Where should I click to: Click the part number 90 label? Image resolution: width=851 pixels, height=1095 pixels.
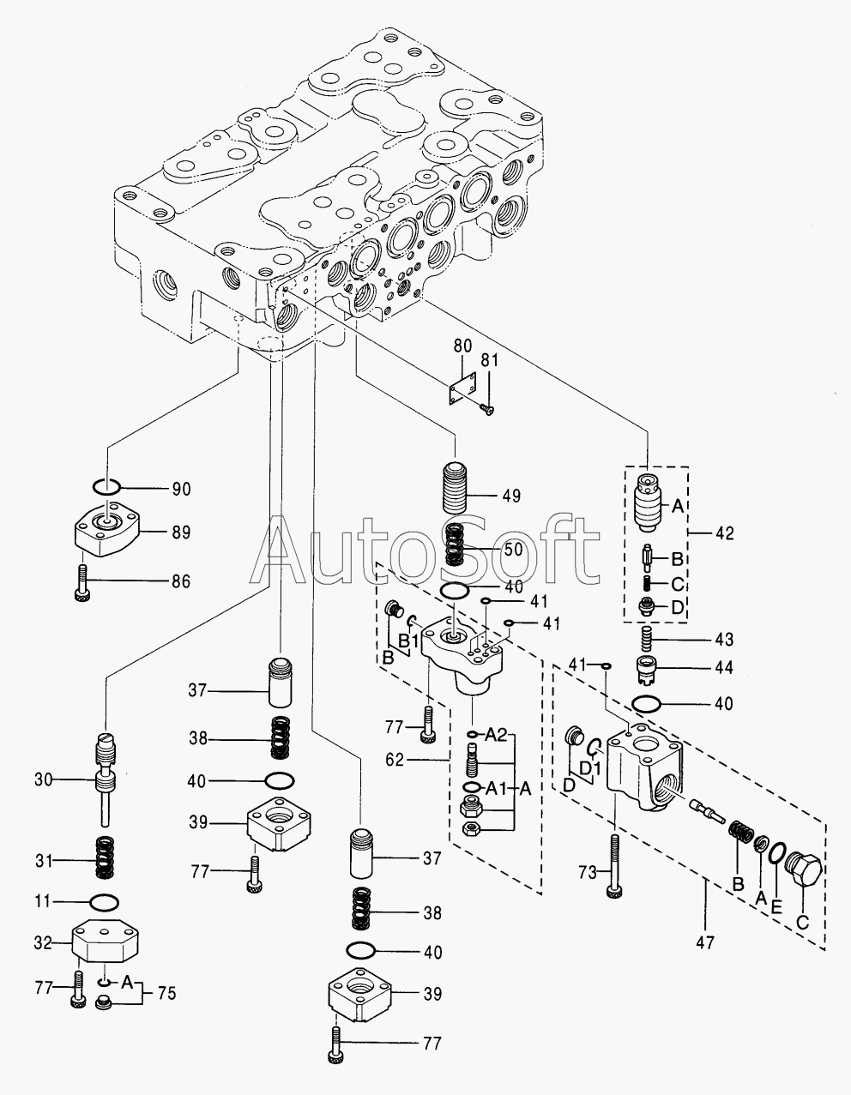(x=181, y=490)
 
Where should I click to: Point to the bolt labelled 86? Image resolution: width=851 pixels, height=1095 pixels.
(x=82, y=581)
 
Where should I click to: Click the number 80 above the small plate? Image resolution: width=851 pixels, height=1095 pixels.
(x=462, y=347)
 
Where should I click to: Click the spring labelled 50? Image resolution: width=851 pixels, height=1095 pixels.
(x=455, y=544)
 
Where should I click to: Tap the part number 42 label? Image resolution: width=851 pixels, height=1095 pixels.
(x=724, y=533)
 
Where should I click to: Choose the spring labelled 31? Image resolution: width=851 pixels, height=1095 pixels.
(x=105, y=860)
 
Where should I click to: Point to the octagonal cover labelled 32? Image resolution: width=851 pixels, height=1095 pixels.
(x=104, y=942)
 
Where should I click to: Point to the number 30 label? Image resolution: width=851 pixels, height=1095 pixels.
(x=44, y=779)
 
